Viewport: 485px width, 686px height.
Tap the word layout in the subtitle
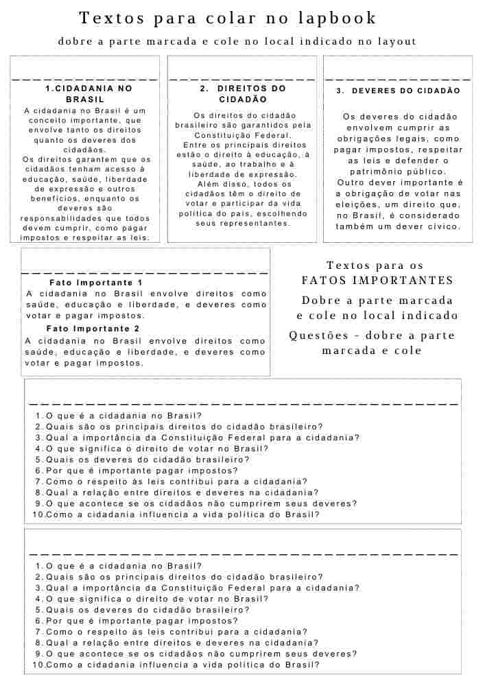point(393,42)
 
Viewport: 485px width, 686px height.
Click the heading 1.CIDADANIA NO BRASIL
point(85,94)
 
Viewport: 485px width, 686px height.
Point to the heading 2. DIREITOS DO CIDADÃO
point(243,94)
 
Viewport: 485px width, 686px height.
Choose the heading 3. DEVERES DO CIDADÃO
point(398,91)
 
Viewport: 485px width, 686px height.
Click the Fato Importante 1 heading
point(96,283)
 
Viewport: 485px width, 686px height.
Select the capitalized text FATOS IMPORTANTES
point(377,281)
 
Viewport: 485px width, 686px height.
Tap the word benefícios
point(62,198)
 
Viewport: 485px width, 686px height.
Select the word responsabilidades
point(60,218)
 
